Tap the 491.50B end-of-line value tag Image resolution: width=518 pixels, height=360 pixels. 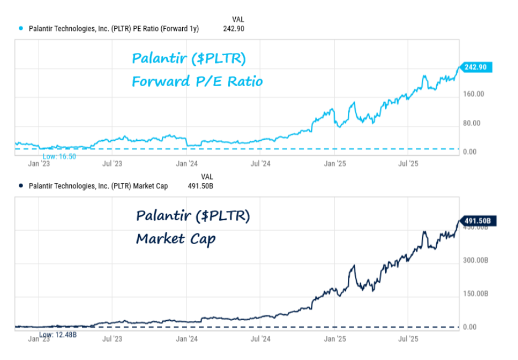click(x=477, y=221)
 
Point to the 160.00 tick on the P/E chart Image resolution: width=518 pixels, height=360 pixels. click(x=473, y=94)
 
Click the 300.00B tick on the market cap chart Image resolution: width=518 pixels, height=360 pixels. click(x=475, y=260)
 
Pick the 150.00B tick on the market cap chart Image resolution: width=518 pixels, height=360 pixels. click(x=475, y=294)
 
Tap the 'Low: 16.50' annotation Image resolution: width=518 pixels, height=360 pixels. click(x=59, y=156)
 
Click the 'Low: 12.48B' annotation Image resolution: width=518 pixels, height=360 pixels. click(x=57, y=335)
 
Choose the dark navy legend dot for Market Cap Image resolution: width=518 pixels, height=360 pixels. click(x=21, y=186)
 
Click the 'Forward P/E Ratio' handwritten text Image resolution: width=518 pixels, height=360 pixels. click(x=197, y=82)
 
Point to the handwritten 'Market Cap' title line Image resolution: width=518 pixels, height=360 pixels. click(x=176, y=239)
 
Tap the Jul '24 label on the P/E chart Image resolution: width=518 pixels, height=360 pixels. click(x=260, y=163)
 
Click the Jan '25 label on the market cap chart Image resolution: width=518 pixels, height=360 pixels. click(x=335, y=338)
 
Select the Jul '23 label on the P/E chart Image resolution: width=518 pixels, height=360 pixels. click(x=112, y=163)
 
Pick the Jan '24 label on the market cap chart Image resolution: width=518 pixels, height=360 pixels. click(x=187, y=338)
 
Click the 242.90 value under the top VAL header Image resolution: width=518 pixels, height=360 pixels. click(x=234, y=29)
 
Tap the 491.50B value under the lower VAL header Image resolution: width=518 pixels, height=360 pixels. click(x=200, y=186)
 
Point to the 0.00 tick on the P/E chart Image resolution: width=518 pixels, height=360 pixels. click(x=469, y=152)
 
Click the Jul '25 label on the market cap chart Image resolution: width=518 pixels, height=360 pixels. click(x=408, y=338)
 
